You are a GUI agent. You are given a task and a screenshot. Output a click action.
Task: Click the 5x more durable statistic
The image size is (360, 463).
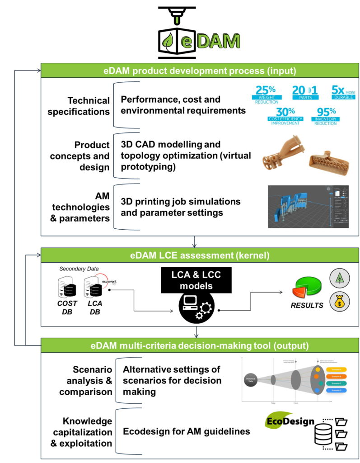[x=343, y=92]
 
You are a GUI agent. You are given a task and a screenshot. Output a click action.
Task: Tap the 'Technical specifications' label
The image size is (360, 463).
[x=89, y=106]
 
